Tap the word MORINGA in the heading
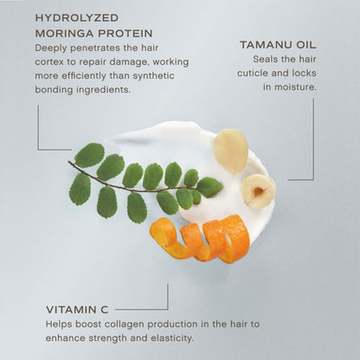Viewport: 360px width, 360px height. [67, 33]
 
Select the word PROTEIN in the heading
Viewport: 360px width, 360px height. [130, 33]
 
